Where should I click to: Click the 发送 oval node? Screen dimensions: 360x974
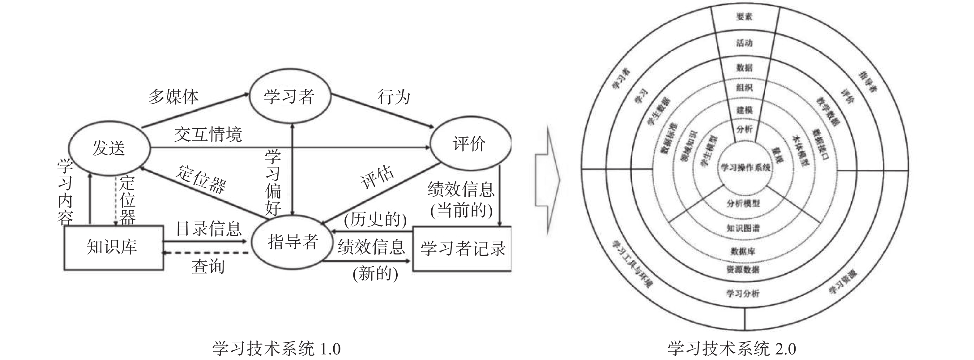pyautogui.click(x=109, y=148)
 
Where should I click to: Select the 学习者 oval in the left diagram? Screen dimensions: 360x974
pyautogui.click(x=289, y=97)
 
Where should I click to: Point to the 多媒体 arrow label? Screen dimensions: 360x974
pyautogui.click(x=173, y=97)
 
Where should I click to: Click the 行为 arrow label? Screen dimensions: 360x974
pyautogui.click(x=394, y=97)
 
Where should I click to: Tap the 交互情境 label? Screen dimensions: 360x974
pyautogui.click(x=208, y=135)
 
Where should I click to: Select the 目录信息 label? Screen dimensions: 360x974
pyautogui.click(x=209, y=229)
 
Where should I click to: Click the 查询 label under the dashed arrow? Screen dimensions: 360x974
pyautogui.click(x=208, y=267)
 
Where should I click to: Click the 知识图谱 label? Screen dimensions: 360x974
pyautogui.click(x=743, y=228)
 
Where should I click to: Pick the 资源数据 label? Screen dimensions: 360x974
pyautogui.click(x=743, y=270)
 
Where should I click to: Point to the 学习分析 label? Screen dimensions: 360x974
pyautogui.click(x=743, y=294)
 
